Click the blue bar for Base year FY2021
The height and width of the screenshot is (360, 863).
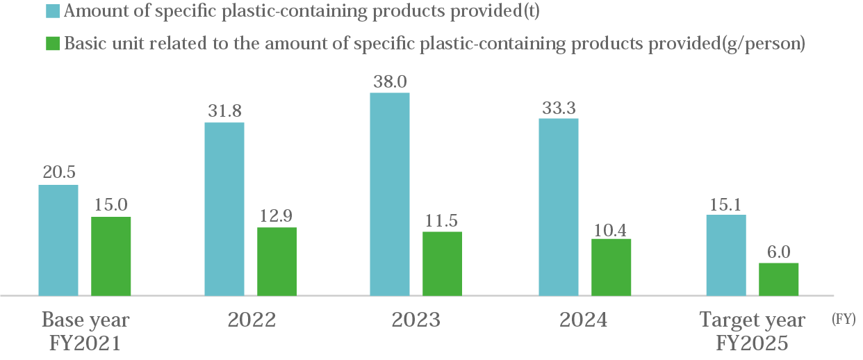click(58, 240)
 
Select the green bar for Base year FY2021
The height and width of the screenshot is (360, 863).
click(111, 256)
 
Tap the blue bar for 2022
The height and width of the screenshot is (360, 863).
click(224, 209)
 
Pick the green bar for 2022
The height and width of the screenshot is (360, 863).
click(277, 261)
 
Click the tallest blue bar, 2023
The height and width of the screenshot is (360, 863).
click(390, 194)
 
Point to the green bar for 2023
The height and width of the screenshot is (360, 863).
click(443, 263)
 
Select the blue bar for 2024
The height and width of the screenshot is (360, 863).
click(559, 207)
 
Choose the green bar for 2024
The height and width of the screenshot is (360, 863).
click(611, 267)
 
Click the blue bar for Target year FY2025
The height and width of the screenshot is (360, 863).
click(726, 255)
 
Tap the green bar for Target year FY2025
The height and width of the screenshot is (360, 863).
click(779, 279)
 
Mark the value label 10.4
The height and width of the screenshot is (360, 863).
click(611, 228)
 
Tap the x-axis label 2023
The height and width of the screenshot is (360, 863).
click(416, 320)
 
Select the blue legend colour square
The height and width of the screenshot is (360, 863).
click(53, 12)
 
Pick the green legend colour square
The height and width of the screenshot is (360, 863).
click(53, 43)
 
